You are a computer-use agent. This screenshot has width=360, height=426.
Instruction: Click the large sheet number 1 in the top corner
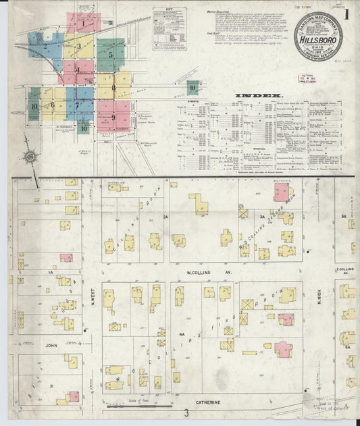click(346, 14)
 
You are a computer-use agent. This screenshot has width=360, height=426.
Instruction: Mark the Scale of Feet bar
click(138, 406)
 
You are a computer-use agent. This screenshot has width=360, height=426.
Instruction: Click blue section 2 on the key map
click(45, 47)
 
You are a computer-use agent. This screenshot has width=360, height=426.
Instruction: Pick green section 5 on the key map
click(109, 55)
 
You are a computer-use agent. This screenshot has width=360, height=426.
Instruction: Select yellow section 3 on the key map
click(78, 47)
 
